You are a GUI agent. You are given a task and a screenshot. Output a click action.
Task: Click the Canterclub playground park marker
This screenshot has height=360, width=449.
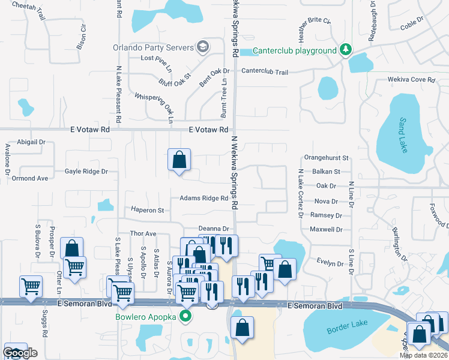click(345, 50)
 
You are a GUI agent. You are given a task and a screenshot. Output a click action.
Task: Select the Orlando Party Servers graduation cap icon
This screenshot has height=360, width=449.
click(203, 47)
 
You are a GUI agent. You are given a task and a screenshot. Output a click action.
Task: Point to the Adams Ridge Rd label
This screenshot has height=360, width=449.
click(203, 198)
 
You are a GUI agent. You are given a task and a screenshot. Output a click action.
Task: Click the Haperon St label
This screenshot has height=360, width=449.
click(148, 211)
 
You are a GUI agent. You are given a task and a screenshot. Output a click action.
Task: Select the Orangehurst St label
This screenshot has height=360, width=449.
click(327, 158)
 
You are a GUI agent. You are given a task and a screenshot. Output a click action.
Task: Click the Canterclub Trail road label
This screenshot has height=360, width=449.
click(265, 72)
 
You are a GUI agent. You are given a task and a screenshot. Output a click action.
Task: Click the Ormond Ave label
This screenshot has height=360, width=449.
click(30, 178)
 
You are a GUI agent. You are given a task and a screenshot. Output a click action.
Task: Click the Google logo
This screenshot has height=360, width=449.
click(20, 353)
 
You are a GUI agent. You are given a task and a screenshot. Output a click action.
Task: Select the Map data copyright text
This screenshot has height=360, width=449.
click(423, 356)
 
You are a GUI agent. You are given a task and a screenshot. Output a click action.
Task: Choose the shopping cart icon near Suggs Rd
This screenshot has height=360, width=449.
click(31, 286)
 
